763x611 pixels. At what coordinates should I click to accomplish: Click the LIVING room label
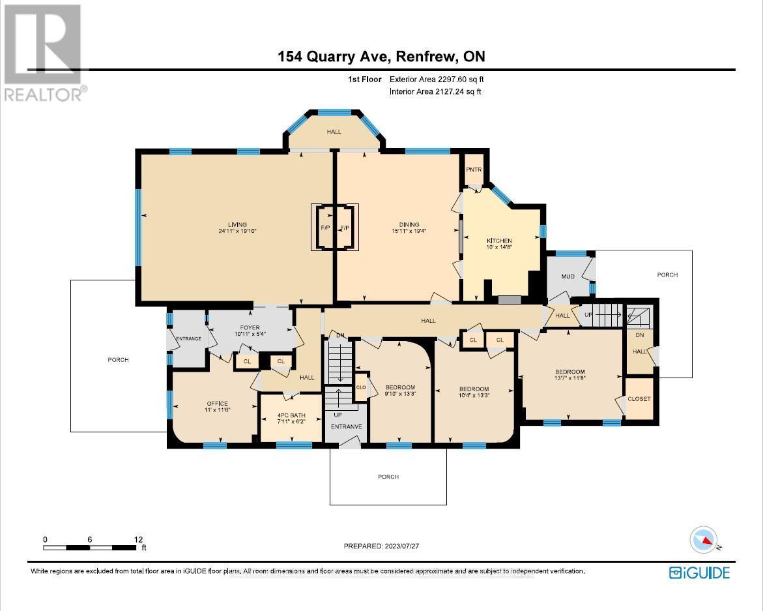point(233,225)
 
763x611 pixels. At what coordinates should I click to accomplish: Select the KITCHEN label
point(499,241)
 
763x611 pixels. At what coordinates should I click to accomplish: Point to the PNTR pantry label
point(473,170)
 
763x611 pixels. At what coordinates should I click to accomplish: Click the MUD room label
point(568,276)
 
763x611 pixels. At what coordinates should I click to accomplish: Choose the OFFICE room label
point(217,404)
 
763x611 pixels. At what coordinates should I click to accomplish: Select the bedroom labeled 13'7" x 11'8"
point(569,376)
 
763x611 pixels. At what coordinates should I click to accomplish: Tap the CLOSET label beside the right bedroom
point(639,399)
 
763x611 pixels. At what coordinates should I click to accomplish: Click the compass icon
point(704,540)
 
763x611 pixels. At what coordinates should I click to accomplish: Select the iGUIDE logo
point(699,573)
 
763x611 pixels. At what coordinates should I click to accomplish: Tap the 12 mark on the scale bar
point(137,539)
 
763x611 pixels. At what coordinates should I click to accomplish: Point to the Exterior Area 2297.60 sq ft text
point(437,80)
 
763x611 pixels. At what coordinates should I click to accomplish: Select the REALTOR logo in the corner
point(43,52)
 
